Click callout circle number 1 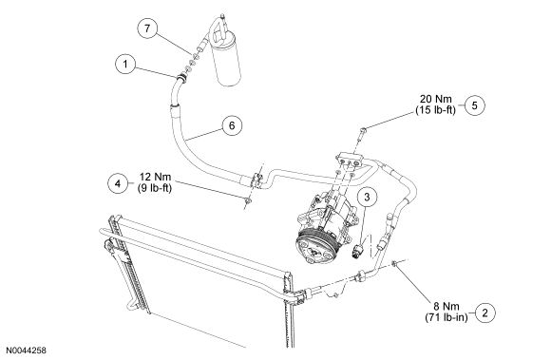pos(125,64)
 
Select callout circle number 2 pos(485,313)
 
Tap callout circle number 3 pos(367,197)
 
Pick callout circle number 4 pos(118,183)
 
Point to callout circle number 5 pos(474,105)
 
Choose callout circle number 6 pos(232,125)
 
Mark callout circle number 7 pos(147,28)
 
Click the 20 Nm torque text pos(436,99)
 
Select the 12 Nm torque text pos(155,177)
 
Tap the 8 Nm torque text pos(446,306)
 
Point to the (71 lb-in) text pos(446,317)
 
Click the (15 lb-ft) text pos(435,110)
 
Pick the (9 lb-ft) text pos(155,188)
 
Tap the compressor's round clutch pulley pos(314,249)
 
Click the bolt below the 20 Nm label pos(362,134)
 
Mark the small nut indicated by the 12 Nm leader pos(248,200)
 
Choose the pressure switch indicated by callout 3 pos(358,251)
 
